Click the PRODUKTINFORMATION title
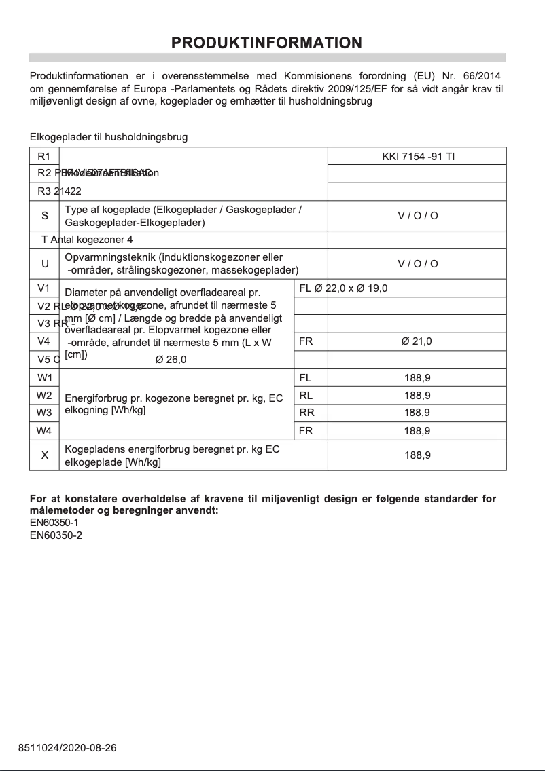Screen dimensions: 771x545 266,43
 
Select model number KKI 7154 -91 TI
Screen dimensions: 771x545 418,157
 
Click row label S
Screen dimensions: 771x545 45,216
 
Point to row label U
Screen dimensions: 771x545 45,264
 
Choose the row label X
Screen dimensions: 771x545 45,455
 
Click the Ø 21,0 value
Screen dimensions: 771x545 417,341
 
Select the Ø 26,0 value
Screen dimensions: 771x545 171,360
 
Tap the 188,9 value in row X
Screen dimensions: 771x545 417,455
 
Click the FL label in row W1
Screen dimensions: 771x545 306,377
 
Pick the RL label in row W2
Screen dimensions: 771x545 306,395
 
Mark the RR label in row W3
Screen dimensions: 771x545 306,413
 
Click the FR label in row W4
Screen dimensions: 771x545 306,430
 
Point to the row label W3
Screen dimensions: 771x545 45,413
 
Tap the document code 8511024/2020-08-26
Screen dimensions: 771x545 67,748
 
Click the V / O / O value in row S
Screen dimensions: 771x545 417,216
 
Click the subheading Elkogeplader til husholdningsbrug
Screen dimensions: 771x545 109,137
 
